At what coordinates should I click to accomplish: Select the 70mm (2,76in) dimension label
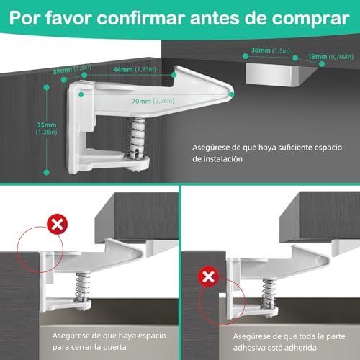[x=153, y=101]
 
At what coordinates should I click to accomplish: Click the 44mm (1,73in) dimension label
[x=135, y=69]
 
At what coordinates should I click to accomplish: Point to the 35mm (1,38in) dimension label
[x=47, y=128]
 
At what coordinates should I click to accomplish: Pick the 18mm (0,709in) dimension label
[x=330, y=57]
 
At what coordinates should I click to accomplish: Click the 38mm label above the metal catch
[x=271, y=50]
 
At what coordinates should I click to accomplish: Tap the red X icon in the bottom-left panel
[x=58, y=225]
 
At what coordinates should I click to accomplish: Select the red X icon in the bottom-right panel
[x=208, y=276]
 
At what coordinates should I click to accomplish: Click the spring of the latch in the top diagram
[x=138, y=137]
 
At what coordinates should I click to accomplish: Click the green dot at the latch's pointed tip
[x=232, y=94]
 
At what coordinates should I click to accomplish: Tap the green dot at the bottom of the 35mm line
[x=47, y=172]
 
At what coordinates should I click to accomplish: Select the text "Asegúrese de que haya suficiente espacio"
[x=267, y=148]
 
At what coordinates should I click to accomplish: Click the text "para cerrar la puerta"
[x=89, y=347]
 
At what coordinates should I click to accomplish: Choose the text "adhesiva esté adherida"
[x=275, y=348]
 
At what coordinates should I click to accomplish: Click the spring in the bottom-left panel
[x=83, y=286]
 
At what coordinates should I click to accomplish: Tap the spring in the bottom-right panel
[x=269, y=293]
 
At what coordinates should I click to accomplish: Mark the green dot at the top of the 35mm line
[x=47, y=87]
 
